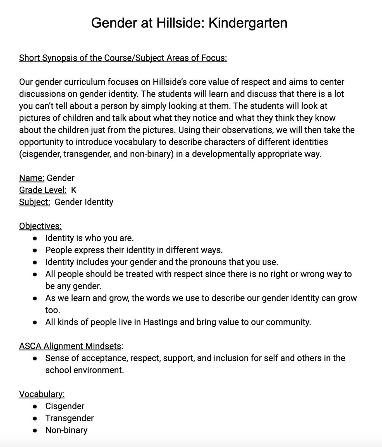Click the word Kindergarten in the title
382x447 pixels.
(x=248, y=23)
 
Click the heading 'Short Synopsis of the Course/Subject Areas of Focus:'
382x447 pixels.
(x=123, y=58)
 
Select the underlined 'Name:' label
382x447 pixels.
(x=32, y=178)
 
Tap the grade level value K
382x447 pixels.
(x=73, y=190)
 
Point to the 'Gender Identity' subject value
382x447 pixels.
(x=84, y=202)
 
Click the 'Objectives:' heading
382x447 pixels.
(x=40, y=226)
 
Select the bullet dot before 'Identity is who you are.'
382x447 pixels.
(x=35, y=238)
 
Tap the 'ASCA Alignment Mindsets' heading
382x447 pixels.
(x=70, y=346)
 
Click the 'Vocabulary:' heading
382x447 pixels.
(x=42, y=394)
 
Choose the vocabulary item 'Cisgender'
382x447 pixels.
(x=65, y=406)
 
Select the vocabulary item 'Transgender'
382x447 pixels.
(x=70, y=418)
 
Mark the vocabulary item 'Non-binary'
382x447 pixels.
(x=66, y=430)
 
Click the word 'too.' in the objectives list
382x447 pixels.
(x=53, y=310)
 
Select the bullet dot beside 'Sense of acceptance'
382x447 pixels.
(x=35, y=358)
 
